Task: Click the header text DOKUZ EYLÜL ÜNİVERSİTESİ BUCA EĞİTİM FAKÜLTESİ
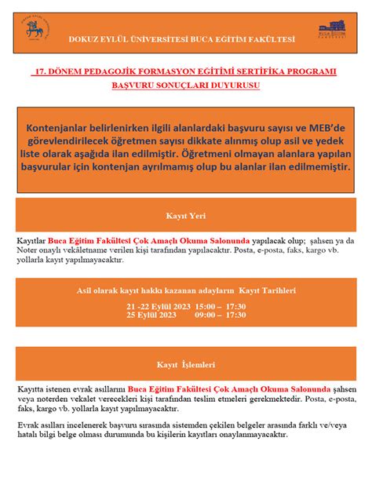pyautogui.click(x=182, y=38)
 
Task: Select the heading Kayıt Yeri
pyautogui.click(x=185, y=215)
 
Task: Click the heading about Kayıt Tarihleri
pyautogui.click(x=185, y=290)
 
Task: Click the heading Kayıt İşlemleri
pyautogui.click(x=185, y=365)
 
